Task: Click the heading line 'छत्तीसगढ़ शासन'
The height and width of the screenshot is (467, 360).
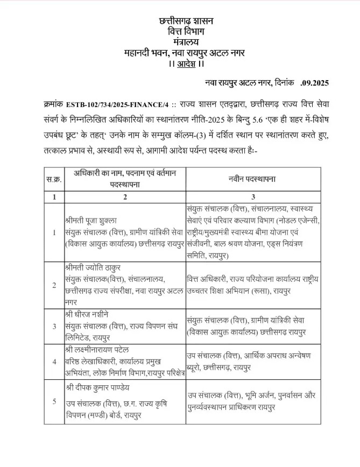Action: [186, 22]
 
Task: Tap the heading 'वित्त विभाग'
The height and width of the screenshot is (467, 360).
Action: [186, 32]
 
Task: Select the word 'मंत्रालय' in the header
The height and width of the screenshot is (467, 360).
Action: [186, 42]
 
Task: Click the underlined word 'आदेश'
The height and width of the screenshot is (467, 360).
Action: [186, 64]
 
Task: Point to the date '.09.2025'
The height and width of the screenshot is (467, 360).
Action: [314, 83]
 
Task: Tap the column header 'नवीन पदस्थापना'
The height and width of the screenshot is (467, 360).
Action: [248, 179]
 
